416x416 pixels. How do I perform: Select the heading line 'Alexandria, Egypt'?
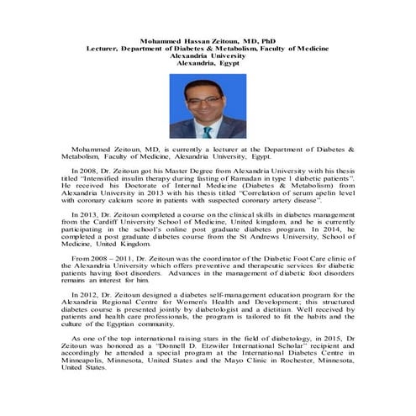click(x=208, y=64)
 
